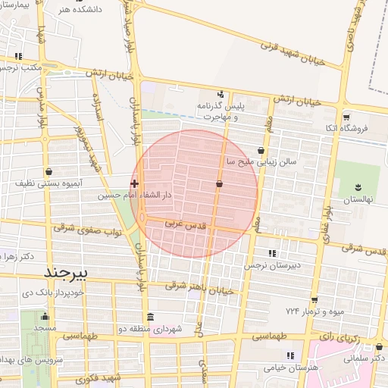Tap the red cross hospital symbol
coord(135,183)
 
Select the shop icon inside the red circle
coord(220,183)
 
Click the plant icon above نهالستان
coord(357,188)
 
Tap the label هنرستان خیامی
coord(289,367)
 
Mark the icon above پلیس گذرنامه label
coord(221,94)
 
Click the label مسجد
coord(44,328)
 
